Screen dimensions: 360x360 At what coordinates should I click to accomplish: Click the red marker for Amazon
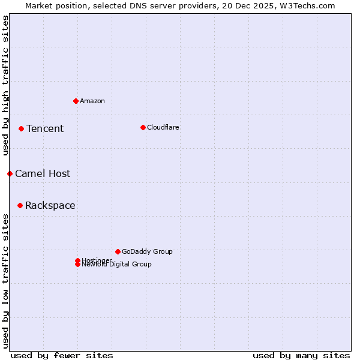(76, 101)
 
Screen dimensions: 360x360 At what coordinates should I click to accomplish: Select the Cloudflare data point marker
(143, 127)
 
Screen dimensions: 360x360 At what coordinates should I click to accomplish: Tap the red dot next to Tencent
(21, 128)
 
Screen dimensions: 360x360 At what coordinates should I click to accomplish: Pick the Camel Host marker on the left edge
(10, 173)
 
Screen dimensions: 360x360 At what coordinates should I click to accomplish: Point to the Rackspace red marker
(20, 205)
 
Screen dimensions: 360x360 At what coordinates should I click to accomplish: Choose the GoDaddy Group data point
(118, 251)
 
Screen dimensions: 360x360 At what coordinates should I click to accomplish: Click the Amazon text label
(92, 101)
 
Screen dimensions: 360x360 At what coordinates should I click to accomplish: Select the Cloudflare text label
(163, 127)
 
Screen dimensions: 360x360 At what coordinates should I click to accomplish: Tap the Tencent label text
(45, 128)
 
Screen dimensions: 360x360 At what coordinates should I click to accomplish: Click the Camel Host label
(43, 173)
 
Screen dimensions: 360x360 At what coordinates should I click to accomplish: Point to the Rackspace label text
(50, 205)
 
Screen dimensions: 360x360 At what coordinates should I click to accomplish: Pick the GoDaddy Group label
(147, 251)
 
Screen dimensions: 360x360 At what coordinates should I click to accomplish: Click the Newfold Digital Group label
(117, 265)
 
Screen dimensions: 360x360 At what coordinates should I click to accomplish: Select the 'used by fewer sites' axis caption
(62, 355)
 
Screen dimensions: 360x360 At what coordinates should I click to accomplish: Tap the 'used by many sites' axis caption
(301, 355)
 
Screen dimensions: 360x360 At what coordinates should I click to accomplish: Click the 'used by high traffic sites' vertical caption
(6, 85)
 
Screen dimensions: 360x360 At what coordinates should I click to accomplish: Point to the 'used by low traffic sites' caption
(6, 280)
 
